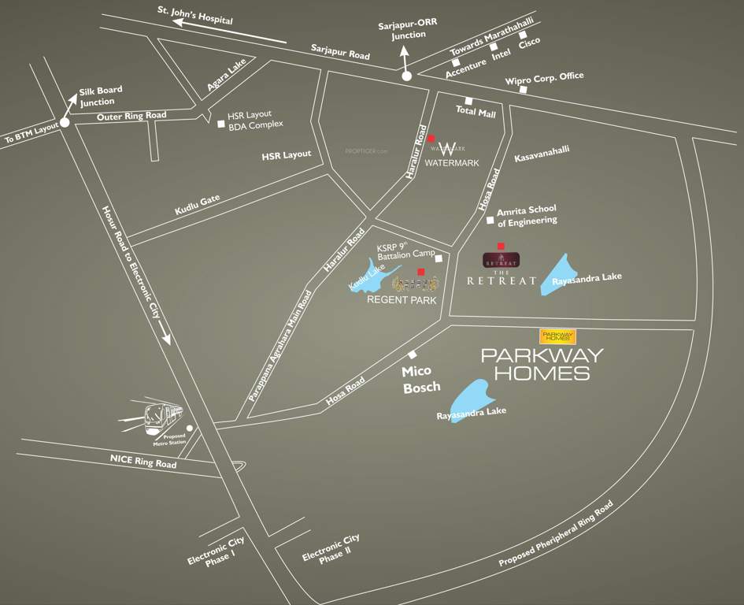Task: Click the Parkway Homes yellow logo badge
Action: point(557,336)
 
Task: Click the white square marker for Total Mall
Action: point(468,101)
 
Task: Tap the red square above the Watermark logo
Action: point(431,139)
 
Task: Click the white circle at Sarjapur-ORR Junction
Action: point(407,76)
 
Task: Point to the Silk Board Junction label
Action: point(101,96)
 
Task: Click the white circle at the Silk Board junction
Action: point(65,122)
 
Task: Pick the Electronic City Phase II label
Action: point(331,548)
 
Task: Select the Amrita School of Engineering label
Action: point(526,215)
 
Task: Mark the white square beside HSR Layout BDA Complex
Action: point(220,122)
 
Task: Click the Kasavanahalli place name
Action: point(542,154)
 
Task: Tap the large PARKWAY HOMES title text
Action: point(542,364)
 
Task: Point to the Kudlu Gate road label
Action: point(197,205)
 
